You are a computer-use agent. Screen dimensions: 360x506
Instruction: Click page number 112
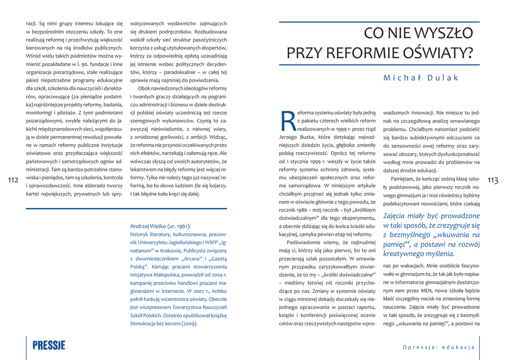13,181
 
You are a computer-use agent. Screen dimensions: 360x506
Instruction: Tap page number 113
493,181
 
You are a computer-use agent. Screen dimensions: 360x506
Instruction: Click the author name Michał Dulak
421,78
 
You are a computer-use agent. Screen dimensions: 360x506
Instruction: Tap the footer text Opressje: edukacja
438,347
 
